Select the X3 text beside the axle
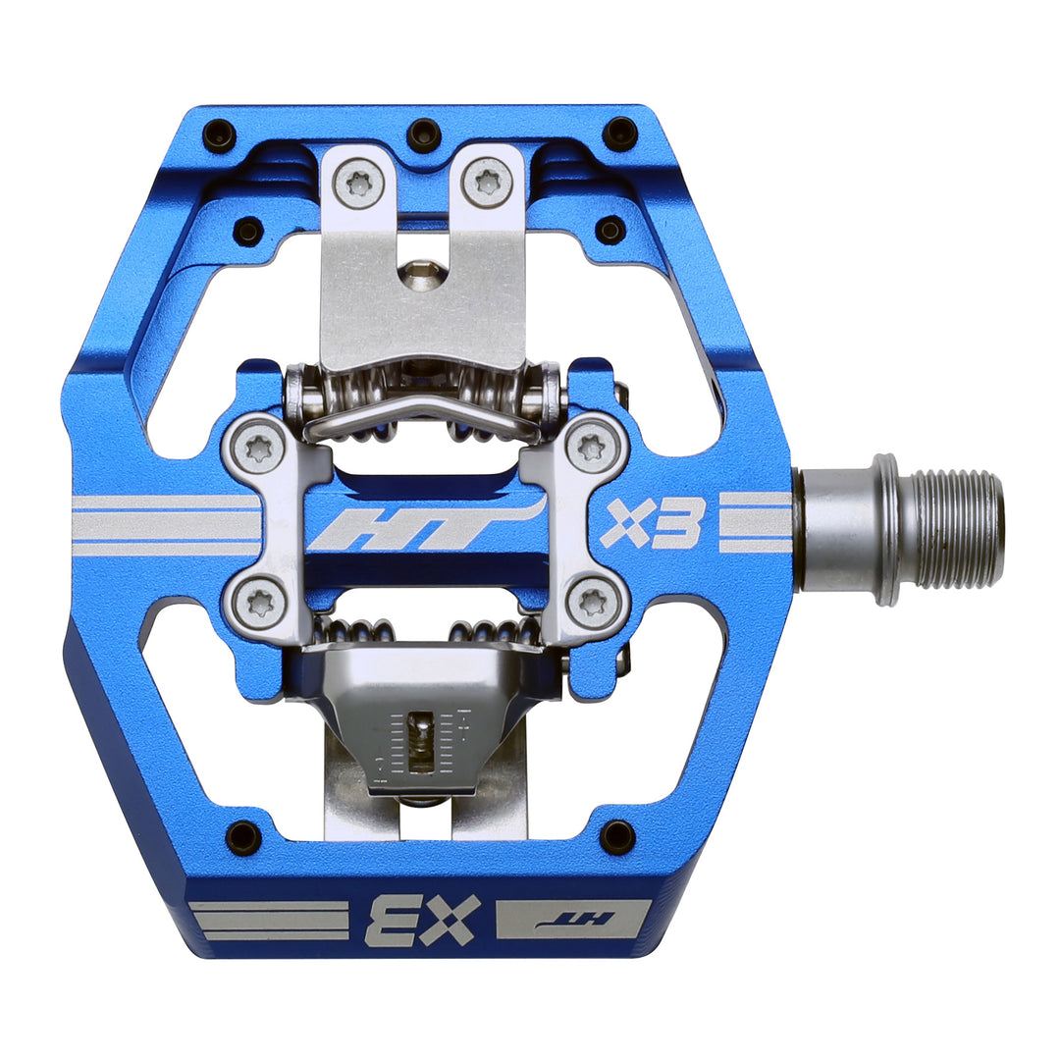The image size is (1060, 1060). tap(654, 526)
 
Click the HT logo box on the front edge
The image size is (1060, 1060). tap(573, 920)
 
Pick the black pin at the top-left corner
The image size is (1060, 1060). tap(219, 133)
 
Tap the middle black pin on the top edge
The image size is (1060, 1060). tap(423, 132)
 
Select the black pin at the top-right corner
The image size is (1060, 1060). tap(620, 132)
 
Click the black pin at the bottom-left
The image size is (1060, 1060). tap(243, 837)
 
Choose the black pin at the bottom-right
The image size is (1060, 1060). tap(617, 837)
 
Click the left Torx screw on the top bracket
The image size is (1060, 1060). tap(357, 182)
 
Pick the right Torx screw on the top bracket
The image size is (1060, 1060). tap(488, 182)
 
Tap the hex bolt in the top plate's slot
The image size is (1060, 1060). tap(422, 274)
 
